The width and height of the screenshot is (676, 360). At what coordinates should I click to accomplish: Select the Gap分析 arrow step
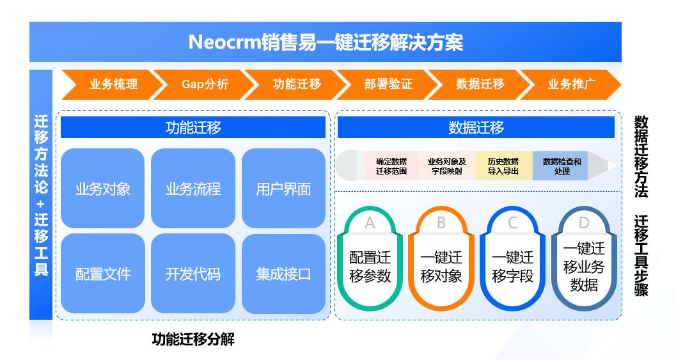205,84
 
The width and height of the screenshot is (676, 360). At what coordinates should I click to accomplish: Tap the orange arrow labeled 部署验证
388,84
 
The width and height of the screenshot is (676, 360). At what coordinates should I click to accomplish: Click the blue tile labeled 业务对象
102,189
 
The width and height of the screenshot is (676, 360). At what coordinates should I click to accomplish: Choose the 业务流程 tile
193,189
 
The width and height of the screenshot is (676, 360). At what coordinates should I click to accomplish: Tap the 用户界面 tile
283,189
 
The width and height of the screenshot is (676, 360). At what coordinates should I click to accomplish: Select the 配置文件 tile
102,273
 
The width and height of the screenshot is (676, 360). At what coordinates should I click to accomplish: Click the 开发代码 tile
193,273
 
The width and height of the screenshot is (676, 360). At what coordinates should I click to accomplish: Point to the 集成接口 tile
283,273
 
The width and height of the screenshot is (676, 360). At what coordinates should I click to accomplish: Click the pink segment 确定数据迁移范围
391,166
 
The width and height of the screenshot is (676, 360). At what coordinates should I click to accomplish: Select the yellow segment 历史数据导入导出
503,166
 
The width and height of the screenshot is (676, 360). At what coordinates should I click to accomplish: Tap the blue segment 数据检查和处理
562,166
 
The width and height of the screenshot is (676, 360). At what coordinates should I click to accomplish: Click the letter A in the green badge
370,223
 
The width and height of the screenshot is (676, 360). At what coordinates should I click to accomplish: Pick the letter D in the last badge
584,223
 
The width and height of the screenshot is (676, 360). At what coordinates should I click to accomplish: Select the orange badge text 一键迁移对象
441,267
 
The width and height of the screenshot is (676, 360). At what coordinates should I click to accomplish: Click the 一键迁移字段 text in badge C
513,267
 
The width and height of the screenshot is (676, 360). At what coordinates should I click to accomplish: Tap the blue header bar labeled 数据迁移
476,127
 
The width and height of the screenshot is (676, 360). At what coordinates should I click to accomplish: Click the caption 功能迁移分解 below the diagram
193,340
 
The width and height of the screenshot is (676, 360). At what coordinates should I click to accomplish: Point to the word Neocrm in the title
224,42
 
